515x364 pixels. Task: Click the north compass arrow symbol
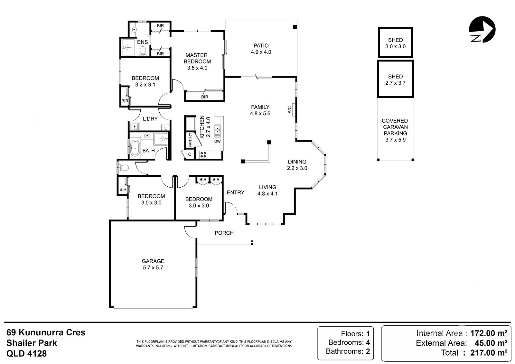coord(482,29)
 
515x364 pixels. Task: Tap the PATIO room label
coord(261,45)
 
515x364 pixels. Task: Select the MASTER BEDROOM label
coord(197,58)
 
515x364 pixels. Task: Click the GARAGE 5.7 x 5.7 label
coord(153,264)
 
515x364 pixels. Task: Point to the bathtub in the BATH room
coord(135,148)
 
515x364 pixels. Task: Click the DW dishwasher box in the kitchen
coord(217,141)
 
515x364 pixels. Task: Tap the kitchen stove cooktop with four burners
coord(203,155)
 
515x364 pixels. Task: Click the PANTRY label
coord(190,140)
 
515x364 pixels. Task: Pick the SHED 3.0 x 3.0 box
coord(396,42)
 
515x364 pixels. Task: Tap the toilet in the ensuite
coord(143,51)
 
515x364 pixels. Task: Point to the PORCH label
coord(224,233)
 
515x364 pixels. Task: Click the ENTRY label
coord(235,192)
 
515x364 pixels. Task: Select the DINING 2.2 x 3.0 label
coord(297,165)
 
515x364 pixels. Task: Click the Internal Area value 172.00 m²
coord(489,333)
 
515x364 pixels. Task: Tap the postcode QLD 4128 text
coord(26,353)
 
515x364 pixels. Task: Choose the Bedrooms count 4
coord(368,342)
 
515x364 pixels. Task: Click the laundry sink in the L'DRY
coord(135,126)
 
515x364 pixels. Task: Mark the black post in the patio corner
coord(295,27)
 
